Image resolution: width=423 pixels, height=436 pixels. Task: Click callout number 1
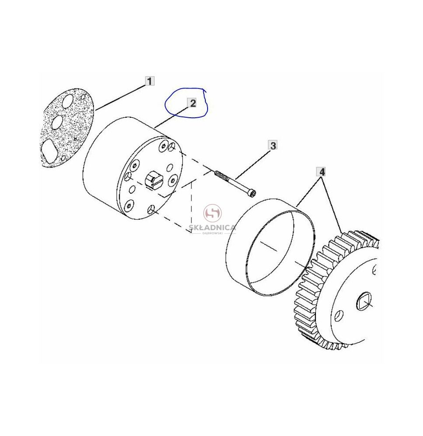pyautogui.click(x=149, y=81)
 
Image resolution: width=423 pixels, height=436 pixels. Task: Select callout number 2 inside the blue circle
pyautogui.click(x=193, y=103)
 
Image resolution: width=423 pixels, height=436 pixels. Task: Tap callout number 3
pyautogui.click(x=273, y=145)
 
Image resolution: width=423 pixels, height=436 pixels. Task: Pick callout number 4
pyautogui.click(x=322, y=172)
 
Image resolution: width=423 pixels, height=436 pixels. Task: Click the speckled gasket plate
pyautogui.click(x=66, y=128)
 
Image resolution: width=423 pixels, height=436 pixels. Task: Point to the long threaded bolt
pyautogui.click(x=236, y=184)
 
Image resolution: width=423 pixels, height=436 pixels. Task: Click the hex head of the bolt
pyautogui.click(x=253, y=194)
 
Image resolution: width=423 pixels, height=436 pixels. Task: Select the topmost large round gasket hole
pyautogui.click(x=67, y=102)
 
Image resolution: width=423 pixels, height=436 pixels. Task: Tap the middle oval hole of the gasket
pyautogui.click(x=57, y=122)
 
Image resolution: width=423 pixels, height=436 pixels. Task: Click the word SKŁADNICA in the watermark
pyautogui.click(x=213, y=228)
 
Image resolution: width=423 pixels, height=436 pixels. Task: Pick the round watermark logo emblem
pyautogui.click(x=213, y=213)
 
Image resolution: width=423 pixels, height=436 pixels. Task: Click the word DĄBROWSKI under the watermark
pyautogui.click(x=213, y=233)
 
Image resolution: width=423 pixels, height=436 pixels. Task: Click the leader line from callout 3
pyautogui.click(x=253, y=164)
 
